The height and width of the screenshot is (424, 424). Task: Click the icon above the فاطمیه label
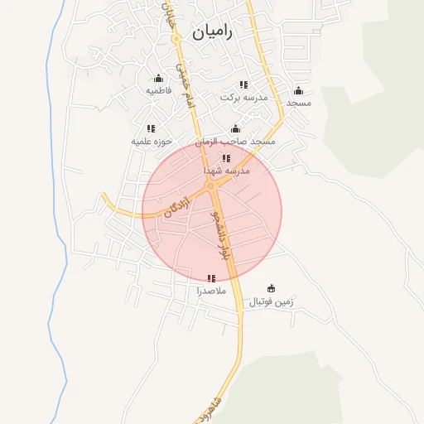pyautogui.click(x=158, y=79)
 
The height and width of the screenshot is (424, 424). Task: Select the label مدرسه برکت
pyautogui.click(x=244, y=97)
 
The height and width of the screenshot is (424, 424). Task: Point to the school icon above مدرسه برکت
pyautogui.click(x=243, y=84)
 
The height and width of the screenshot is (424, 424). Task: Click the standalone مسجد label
pyautogui.click(x=297, y=103)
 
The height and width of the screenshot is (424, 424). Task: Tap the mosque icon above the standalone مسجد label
pyautogui.click(x=298, y=91)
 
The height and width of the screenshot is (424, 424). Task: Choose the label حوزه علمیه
pyautogui.click(x=152, y=142)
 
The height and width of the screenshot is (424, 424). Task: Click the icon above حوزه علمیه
pyautogui.click(x=151, y=128)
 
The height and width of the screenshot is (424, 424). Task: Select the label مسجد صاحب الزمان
pyautogui.click(x=235, y=142)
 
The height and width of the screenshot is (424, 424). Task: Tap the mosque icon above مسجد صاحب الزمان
pyautogui.click(x=235, y=129)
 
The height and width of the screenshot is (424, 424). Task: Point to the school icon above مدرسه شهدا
pyautogui.click(x=226, y=158)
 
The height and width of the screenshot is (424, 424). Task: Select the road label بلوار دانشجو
pyautogui.click(x=219, y=237)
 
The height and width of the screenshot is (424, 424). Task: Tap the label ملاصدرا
pyautogui.click(x=210, y=291)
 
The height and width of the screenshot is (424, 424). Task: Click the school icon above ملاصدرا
pyautogui.click(x=210, y=278)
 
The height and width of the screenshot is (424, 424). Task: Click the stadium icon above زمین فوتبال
pyautogui.click(x=272, y=289)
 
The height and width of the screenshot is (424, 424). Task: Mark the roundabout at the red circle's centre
pyautogui.click(x=211, y=186)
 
